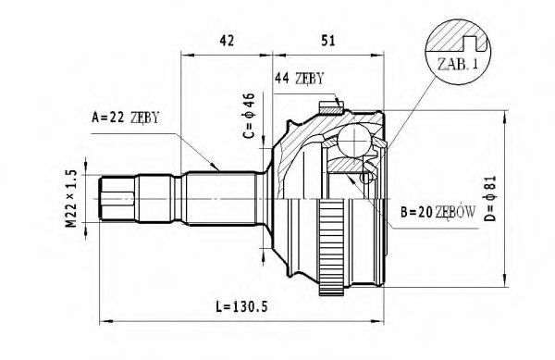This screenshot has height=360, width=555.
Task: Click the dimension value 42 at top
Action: (x=226, y=40)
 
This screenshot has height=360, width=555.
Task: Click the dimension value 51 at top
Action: (x=329, y=40)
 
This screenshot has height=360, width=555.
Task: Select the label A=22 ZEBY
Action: (x=126, y=117)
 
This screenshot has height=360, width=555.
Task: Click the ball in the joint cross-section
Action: (x=352, y=142)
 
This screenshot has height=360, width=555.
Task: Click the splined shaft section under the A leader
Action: (x=217, y=198)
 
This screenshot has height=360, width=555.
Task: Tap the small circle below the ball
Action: (x=367, y=177)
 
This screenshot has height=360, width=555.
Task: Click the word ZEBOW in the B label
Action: (x=455, y=212)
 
